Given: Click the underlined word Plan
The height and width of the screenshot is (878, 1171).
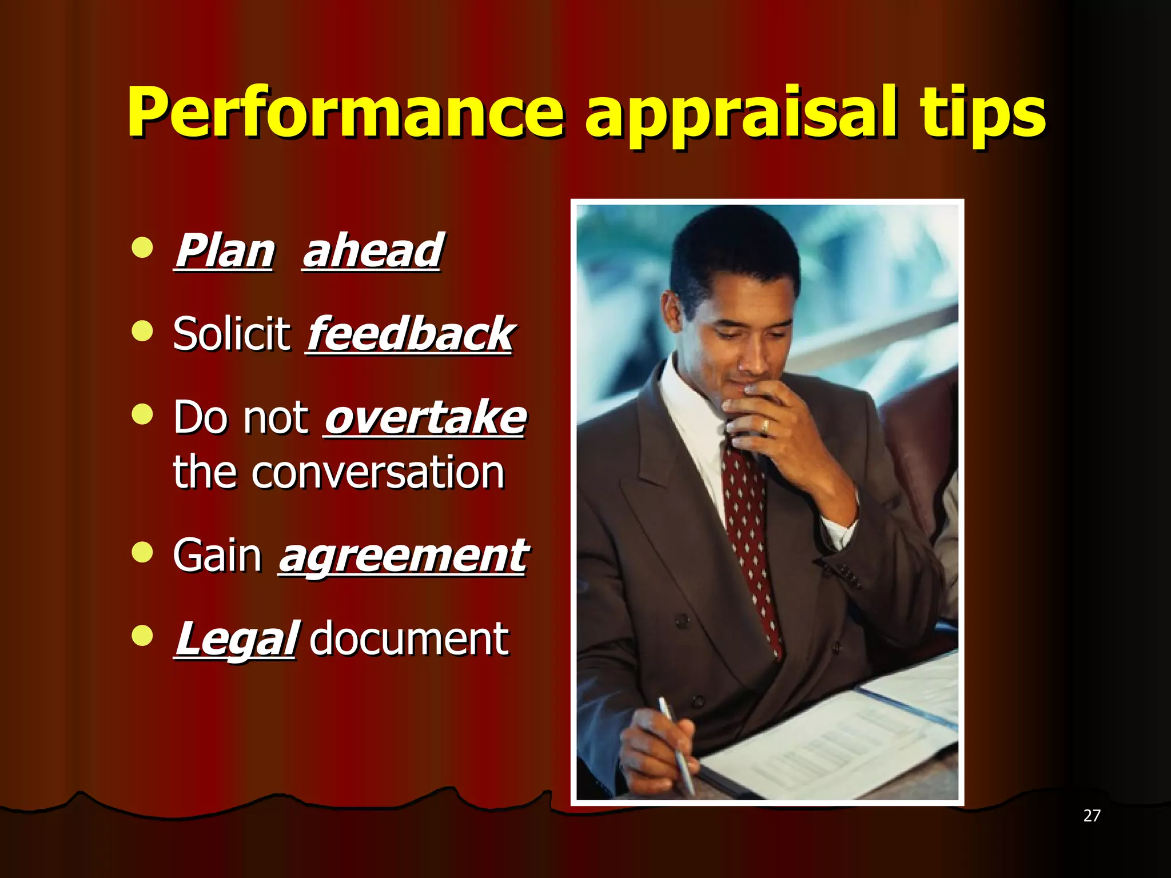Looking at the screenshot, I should tap(224, 252).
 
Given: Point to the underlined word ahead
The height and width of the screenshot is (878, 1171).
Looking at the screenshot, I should tap(372, 252).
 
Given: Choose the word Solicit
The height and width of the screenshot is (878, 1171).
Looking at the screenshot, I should tap(232, 334).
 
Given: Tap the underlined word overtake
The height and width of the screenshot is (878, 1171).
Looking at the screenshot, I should tap(424, 418).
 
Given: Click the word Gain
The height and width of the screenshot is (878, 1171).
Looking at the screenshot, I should tap(217, 556).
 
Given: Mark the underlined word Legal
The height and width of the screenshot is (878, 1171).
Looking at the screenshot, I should tap(235, 640).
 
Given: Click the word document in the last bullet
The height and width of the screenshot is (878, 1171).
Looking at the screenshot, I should tap(408, 640).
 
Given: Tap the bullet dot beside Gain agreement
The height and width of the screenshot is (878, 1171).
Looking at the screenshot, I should tap(142, 552).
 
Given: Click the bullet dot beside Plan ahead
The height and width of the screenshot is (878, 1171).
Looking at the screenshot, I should tap(142, 248).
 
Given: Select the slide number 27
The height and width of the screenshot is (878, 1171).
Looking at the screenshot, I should tap(1092, 816).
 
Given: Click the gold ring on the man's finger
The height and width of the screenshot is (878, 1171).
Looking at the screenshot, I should tap(765, 426).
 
